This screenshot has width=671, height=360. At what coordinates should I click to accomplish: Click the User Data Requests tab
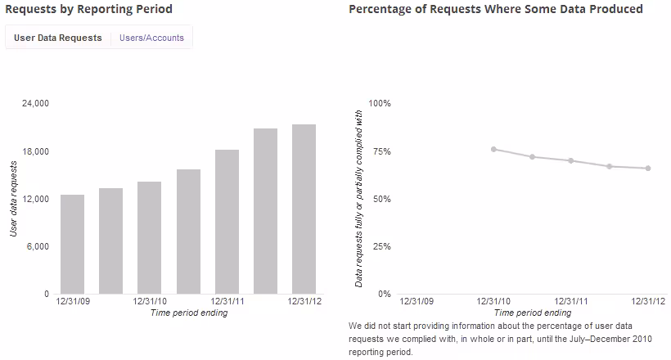click(x=58, y=38)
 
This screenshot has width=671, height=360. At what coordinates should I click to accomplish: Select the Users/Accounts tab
click(x=151, y=38)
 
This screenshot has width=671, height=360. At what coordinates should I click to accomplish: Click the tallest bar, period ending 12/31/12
click(x=304, y=209)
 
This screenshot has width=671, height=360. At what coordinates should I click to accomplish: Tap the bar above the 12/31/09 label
click(x=72, y=244)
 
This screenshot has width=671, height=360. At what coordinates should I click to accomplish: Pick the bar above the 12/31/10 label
click(x=150, y=237)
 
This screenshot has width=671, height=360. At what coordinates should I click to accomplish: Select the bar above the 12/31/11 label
click(x=227, y=222)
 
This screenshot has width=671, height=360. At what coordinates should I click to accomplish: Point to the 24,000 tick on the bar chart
click(x=35, y=103)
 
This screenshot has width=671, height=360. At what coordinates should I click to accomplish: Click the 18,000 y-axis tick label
click(x=35, y=151)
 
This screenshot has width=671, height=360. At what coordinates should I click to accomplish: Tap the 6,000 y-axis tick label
click(x=38, y=246)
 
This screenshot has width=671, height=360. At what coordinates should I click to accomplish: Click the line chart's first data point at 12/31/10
click(x=493, y=150)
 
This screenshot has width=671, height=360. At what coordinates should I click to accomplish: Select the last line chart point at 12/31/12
click(x=648, y=169)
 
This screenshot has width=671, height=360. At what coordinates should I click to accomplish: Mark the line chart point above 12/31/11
click(x=571, y=160)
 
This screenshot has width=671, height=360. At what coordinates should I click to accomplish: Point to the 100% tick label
click(x=380, y=103)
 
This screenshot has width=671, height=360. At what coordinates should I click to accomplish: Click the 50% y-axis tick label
click(x=381, y=199)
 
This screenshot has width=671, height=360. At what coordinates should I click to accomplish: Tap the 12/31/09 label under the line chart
click(x=417, y=301)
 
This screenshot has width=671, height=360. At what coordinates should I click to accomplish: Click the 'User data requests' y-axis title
click(x=13, y=199)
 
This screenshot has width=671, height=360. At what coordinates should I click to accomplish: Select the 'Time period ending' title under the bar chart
click(x=189, y=313)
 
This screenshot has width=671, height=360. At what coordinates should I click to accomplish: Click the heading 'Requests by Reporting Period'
click(x=88, y=9)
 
